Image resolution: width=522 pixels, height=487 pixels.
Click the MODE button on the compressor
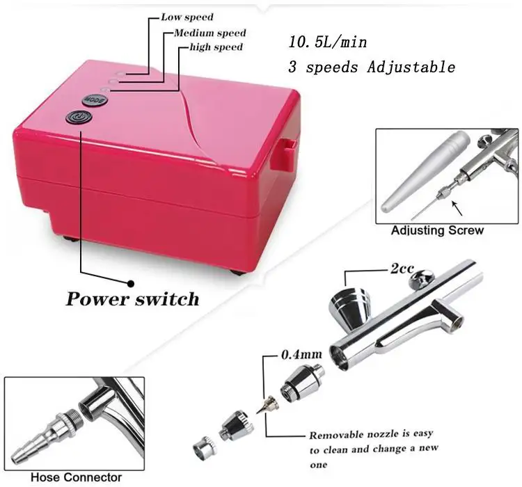tap(95, 99)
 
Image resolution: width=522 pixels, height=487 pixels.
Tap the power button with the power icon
tap(79, 117)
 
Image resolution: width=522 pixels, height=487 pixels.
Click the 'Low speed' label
tap(187, 17)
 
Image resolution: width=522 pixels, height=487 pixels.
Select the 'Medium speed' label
tap(210, 33)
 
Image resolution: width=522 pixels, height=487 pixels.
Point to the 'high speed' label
tap(216, 47)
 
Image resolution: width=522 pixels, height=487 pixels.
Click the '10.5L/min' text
tap(328, 42)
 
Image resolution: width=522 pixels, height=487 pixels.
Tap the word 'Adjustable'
tap(411, 67)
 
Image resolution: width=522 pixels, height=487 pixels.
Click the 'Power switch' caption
tap(132, 298)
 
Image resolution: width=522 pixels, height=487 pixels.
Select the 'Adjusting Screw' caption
tap(437, 230)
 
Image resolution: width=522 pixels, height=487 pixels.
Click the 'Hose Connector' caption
tap(77, 477)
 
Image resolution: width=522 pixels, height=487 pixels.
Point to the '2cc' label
tap(402, 269)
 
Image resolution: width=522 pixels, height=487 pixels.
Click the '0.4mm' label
tap(301, 355)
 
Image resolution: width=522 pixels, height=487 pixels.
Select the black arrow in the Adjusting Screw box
tap(457, 208)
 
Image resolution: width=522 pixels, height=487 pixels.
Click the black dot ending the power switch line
tap(131, 284)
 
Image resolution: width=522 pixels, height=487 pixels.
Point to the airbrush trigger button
tap(422, 278)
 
